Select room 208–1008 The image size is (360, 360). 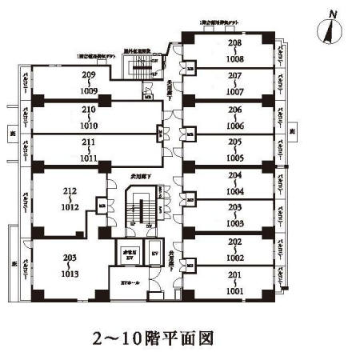click(234, 50)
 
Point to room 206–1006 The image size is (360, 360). click(234, 116)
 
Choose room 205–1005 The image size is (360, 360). click(234, 149)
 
